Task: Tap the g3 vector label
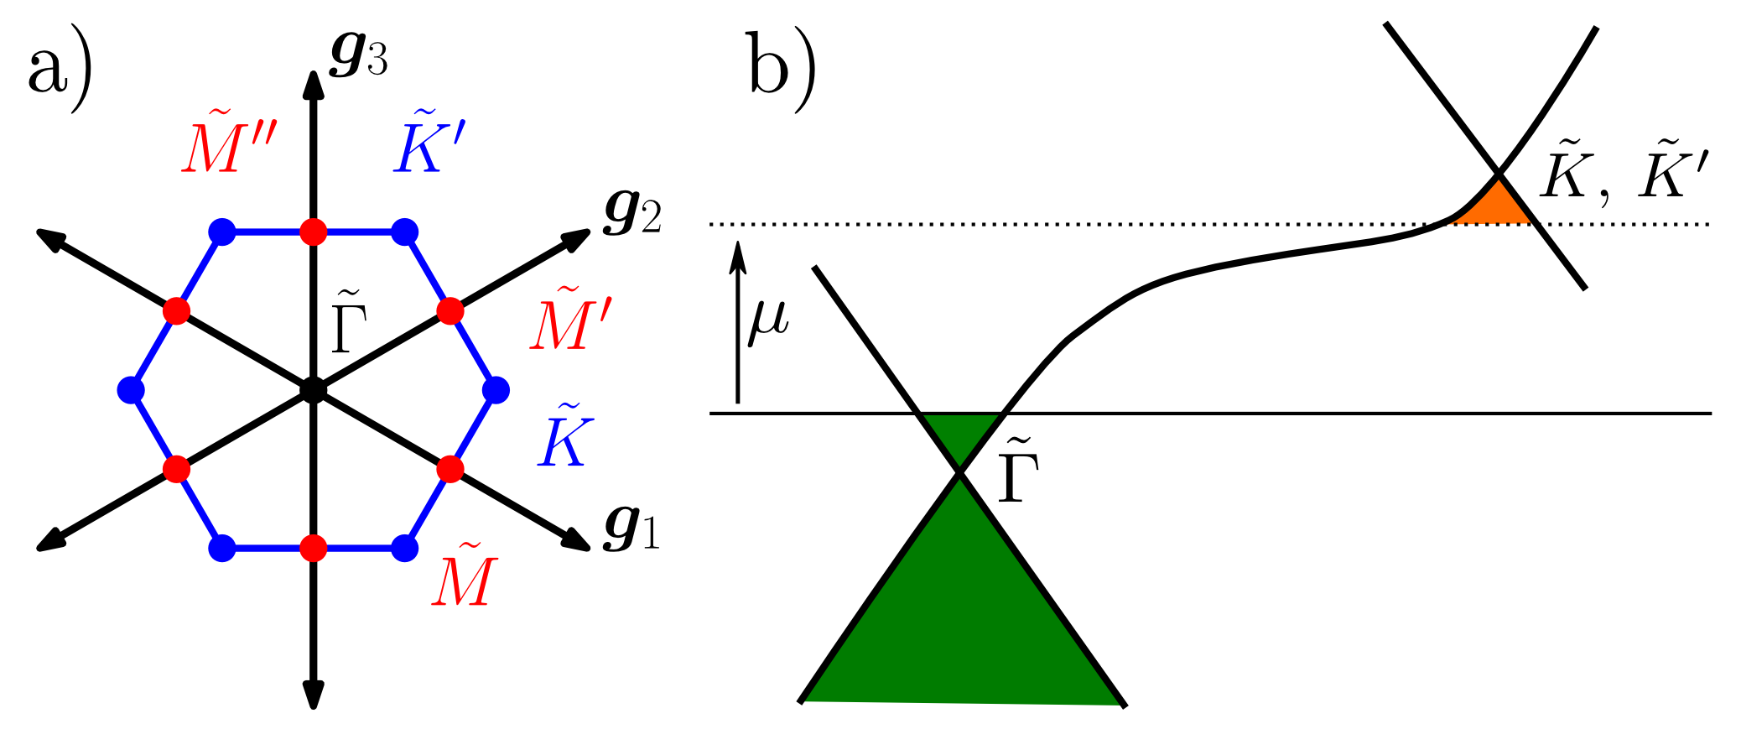(x=359, y=57)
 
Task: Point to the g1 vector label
(x=631, y=530)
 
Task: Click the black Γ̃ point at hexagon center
(x=313, y=390)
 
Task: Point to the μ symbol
(x=768, y=320)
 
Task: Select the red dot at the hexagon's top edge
(x=313, y=231)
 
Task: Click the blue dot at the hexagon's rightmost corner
(x=496, y=390)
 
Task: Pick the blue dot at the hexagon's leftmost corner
(x=131, y=390)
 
